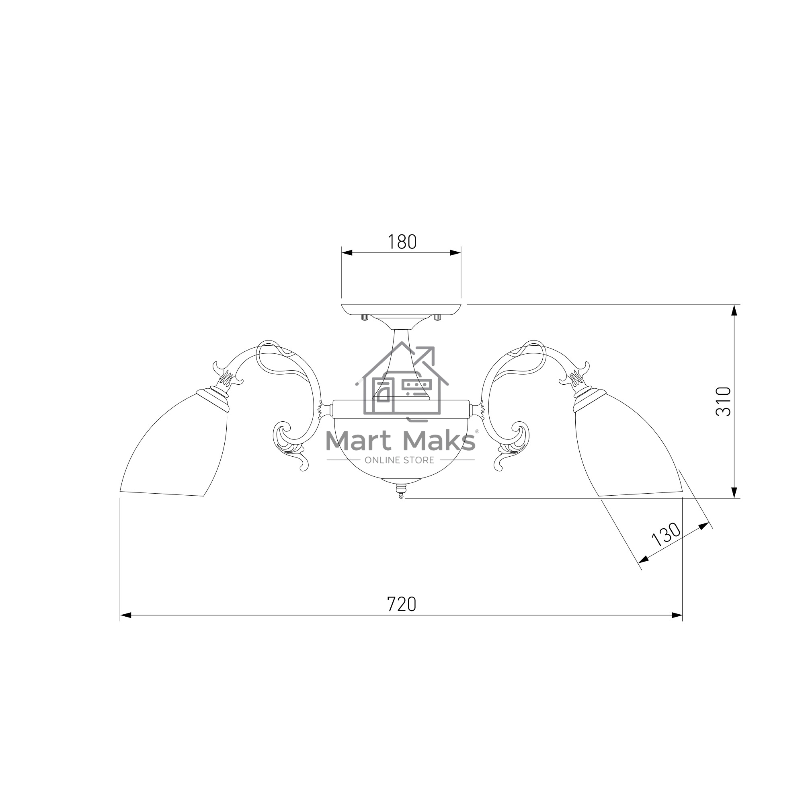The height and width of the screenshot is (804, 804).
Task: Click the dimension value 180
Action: (402, 242)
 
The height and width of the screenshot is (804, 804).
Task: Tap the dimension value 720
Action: (402, 604)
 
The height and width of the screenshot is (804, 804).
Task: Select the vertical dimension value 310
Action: (723, 401)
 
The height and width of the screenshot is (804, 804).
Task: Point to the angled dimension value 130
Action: (666, 534)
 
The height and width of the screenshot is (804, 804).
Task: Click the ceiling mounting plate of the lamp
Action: (401, 310)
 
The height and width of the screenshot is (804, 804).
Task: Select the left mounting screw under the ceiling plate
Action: (365, 318)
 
